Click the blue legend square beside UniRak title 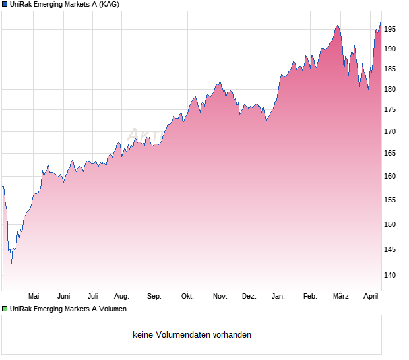tap(5, 4)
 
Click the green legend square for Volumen tap(5, 309)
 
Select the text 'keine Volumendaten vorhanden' tap(191, 335)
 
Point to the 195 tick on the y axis tap(390, 29)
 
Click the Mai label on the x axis tap(34, 297)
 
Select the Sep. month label tap(154, 297)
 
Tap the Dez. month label tap(249, 297)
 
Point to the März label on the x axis tap(340, 297)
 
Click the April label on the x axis tap(371, 297)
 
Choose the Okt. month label tap(187, 297)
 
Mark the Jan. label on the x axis tap(278, 297)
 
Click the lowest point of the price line tap(11, 263)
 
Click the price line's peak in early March tap(338, 25)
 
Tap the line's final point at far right tap(381, 20)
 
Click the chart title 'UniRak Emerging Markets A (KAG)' tap(65, 4)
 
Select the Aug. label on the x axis tap(121, 297)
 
